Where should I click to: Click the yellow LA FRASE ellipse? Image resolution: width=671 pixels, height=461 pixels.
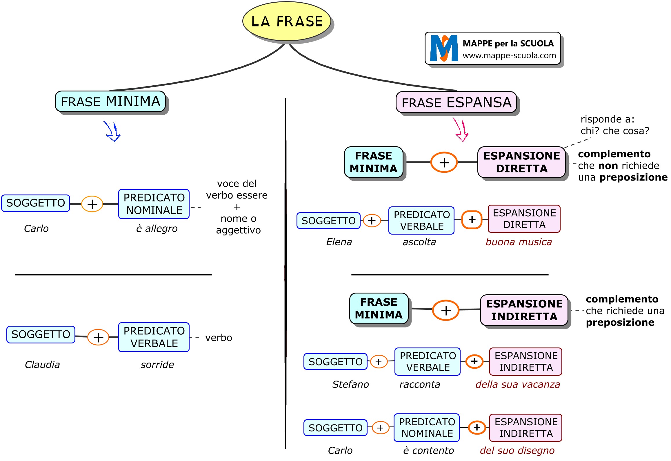tap(287, 21)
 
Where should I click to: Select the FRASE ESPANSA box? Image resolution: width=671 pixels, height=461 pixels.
tap(456, 102)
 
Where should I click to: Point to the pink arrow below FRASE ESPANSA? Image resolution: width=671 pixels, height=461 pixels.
tap(461, 130)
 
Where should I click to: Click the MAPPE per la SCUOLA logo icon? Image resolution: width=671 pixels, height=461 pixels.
tap(443, 48)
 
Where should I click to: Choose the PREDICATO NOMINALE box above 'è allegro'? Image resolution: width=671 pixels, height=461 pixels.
tap(154, 204)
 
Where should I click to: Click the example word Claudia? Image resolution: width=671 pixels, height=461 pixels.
tap(42, 365)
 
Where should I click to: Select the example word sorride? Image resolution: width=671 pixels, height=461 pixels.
tap(157, 365)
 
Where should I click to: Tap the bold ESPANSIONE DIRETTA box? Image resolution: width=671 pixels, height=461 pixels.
tap(521, 162)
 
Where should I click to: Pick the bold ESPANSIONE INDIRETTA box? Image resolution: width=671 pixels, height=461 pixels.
tap(524, 310)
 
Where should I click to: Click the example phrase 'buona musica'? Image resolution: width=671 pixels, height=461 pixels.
tap(519, 242)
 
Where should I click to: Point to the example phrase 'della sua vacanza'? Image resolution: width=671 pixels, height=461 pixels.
tap(518, 384)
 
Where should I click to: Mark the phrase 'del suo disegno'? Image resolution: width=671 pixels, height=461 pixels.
tap(517, 451)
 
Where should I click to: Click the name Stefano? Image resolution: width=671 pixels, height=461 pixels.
tap(350, 384)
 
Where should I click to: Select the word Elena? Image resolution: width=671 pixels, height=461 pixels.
tap(339, 242)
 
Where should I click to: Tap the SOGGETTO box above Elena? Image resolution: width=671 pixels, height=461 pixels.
tap(328, 221)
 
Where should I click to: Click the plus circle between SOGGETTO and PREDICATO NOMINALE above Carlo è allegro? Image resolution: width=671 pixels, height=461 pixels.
tap(92, 204)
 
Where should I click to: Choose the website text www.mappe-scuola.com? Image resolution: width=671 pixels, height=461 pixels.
tap(509, 55)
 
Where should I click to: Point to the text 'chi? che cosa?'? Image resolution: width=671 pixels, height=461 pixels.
tap(615, 131)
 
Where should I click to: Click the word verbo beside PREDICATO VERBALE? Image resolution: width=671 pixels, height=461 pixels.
tap(219, 338)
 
